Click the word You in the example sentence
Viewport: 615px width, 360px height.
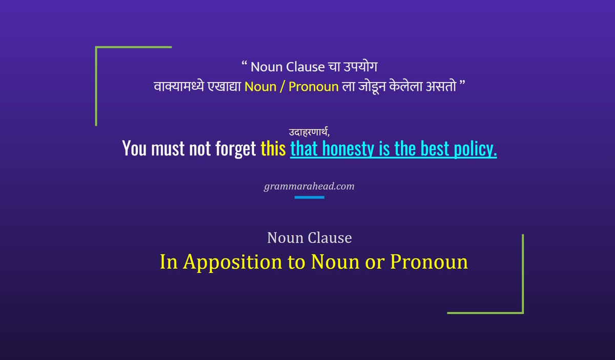pyautogui.click(x=134, y=149)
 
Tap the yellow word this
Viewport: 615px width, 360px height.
pyautogui.click(x=273, y=149)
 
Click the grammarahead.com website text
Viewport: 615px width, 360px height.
pyautogui.click(x=309, y=186)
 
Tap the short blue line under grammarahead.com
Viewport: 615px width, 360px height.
pyautogui.click(x=309, y=197)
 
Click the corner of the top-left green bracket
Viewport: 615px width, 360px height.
pyautogui.click(x=96, y=48)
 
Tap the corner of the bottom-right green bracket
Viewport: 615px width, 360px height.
pyautogui.click(x=522, y=312)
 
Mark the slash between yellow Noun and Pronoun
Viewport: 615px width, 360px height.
pyautogui.click(x=282, y=87)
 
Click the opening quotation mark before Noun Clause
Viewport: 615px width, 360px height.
pyautogui.click(x=244, y=65)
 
